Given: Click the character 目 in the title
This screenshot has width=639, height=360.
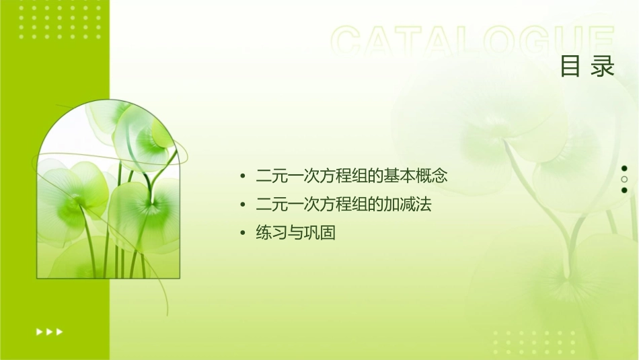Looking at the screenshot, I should tap(570, 67).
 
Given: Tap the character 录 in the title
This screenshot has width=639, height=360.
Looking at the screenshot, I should tap(603, 67).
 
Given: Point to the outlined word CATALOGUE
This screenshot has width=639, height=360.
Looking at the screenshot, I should tap(473, 42).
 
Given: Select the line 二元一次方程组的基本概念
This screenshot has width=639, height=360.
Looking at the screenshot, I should tap(352, 177).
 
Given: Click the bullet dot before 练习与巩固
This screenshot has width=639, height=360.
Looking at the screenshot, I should tap(243, 233).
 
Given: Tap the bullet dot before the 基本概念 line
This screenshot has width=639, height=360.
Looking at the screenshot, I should tap(243, 177).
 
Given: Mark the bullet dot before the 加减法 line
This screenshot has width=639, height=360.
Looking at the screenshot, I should tap(243, 205).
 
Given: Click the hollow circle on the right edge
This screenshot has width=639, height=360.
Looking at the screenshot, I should tap(624, 180).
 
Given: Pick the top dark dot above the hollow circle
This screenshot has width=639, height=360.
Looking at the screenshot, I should tap(624, 168).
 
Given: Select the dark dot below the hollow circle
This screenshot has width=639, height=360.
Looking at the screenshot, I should tap(624, 190).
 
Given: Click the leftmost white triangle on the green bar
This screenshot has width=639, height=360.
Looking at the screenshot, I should tap(39, 331).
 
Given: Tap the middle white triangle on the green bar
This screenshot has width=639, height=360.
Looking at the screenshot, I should tap(49, 331).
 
